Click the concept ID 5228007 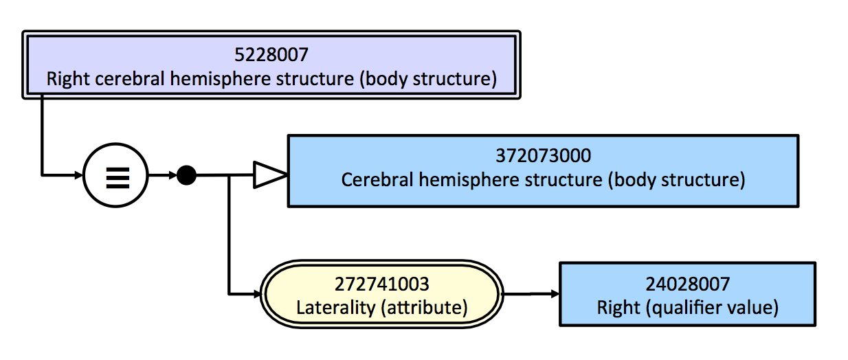271,55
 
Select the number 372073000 544,155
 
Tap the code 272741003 381,284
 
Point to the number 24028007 687,284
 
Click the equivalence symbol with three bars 118,177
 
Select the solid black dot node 187,175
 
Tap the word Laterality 336,307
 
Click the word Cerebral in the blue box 377,179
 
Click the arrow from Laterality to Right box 531,294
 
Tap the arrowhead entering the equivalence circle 79,175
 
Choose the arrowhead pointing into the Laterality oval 258,294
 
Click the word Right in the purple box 68,79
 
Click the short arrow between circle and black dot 162,175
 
